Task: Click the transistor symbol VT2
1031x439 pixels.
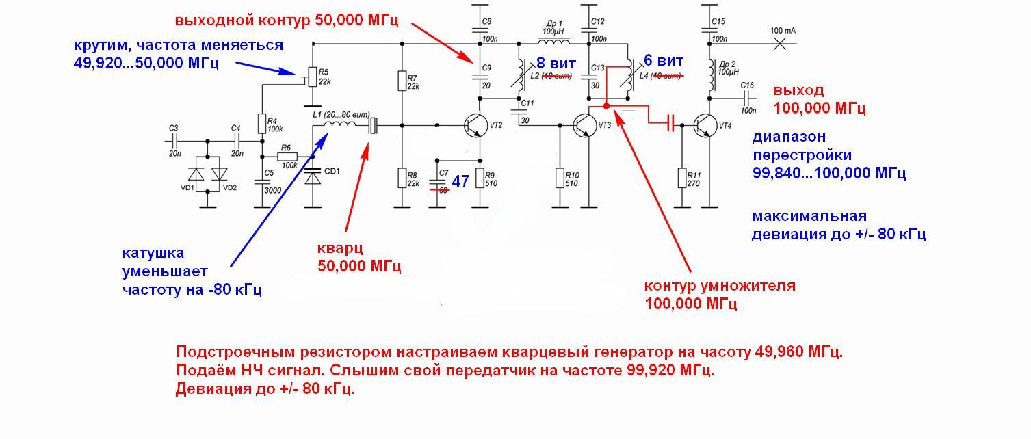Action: pyautogui.click(x=475, y=124)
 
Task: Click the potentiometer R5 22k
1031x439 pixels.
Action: pyautogui.click(x=312, y=77)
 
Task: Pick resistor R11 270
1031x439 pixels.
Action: pyautogui.click(x=681, y=178)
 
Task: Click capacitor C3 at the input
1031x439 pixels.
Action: pyautogui.click(x=173, y=141)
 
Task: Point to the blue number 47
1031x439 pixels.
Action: pyautogui.click(x=460, y=181)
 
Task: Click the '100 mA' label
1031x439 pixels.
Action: pyautogui.click(x=783, y=31)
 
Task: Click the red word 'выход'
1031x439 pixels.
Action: pyautogui.click(x=798, y=90)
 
